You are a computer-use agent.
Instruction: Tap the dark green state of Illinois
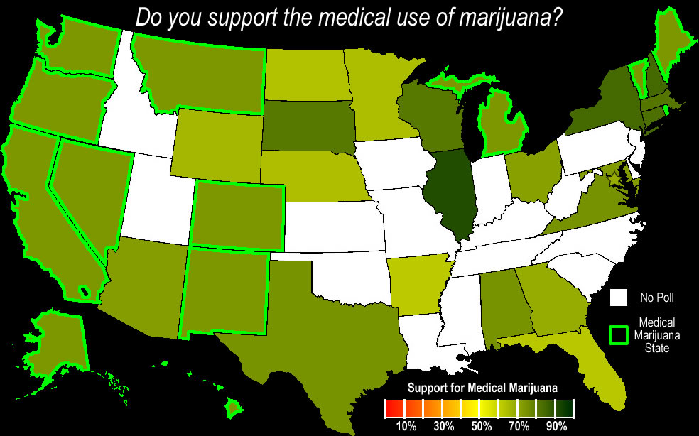(450, 195)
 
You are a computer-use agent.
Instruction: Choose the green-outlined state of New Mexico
(224, 291)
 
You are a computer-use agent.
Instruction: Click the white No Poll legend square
(620, 298)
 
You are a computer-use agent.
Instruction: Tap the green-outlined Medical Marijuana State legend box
(620, 334)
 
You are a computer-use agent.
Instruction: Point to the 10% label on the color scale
(406, 427)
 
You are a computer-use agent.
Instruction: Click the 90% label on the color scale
(556, 427)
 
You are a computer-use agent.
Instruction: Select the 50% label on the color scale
(481, 427)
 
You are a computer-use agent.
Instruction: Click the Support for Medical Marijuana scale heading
(481, 388)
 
